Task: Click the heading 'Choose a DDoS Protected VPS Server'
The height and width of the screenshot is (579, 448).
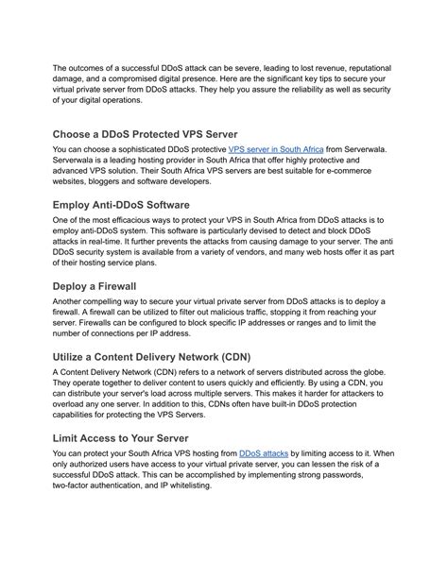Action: (159, 133)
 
